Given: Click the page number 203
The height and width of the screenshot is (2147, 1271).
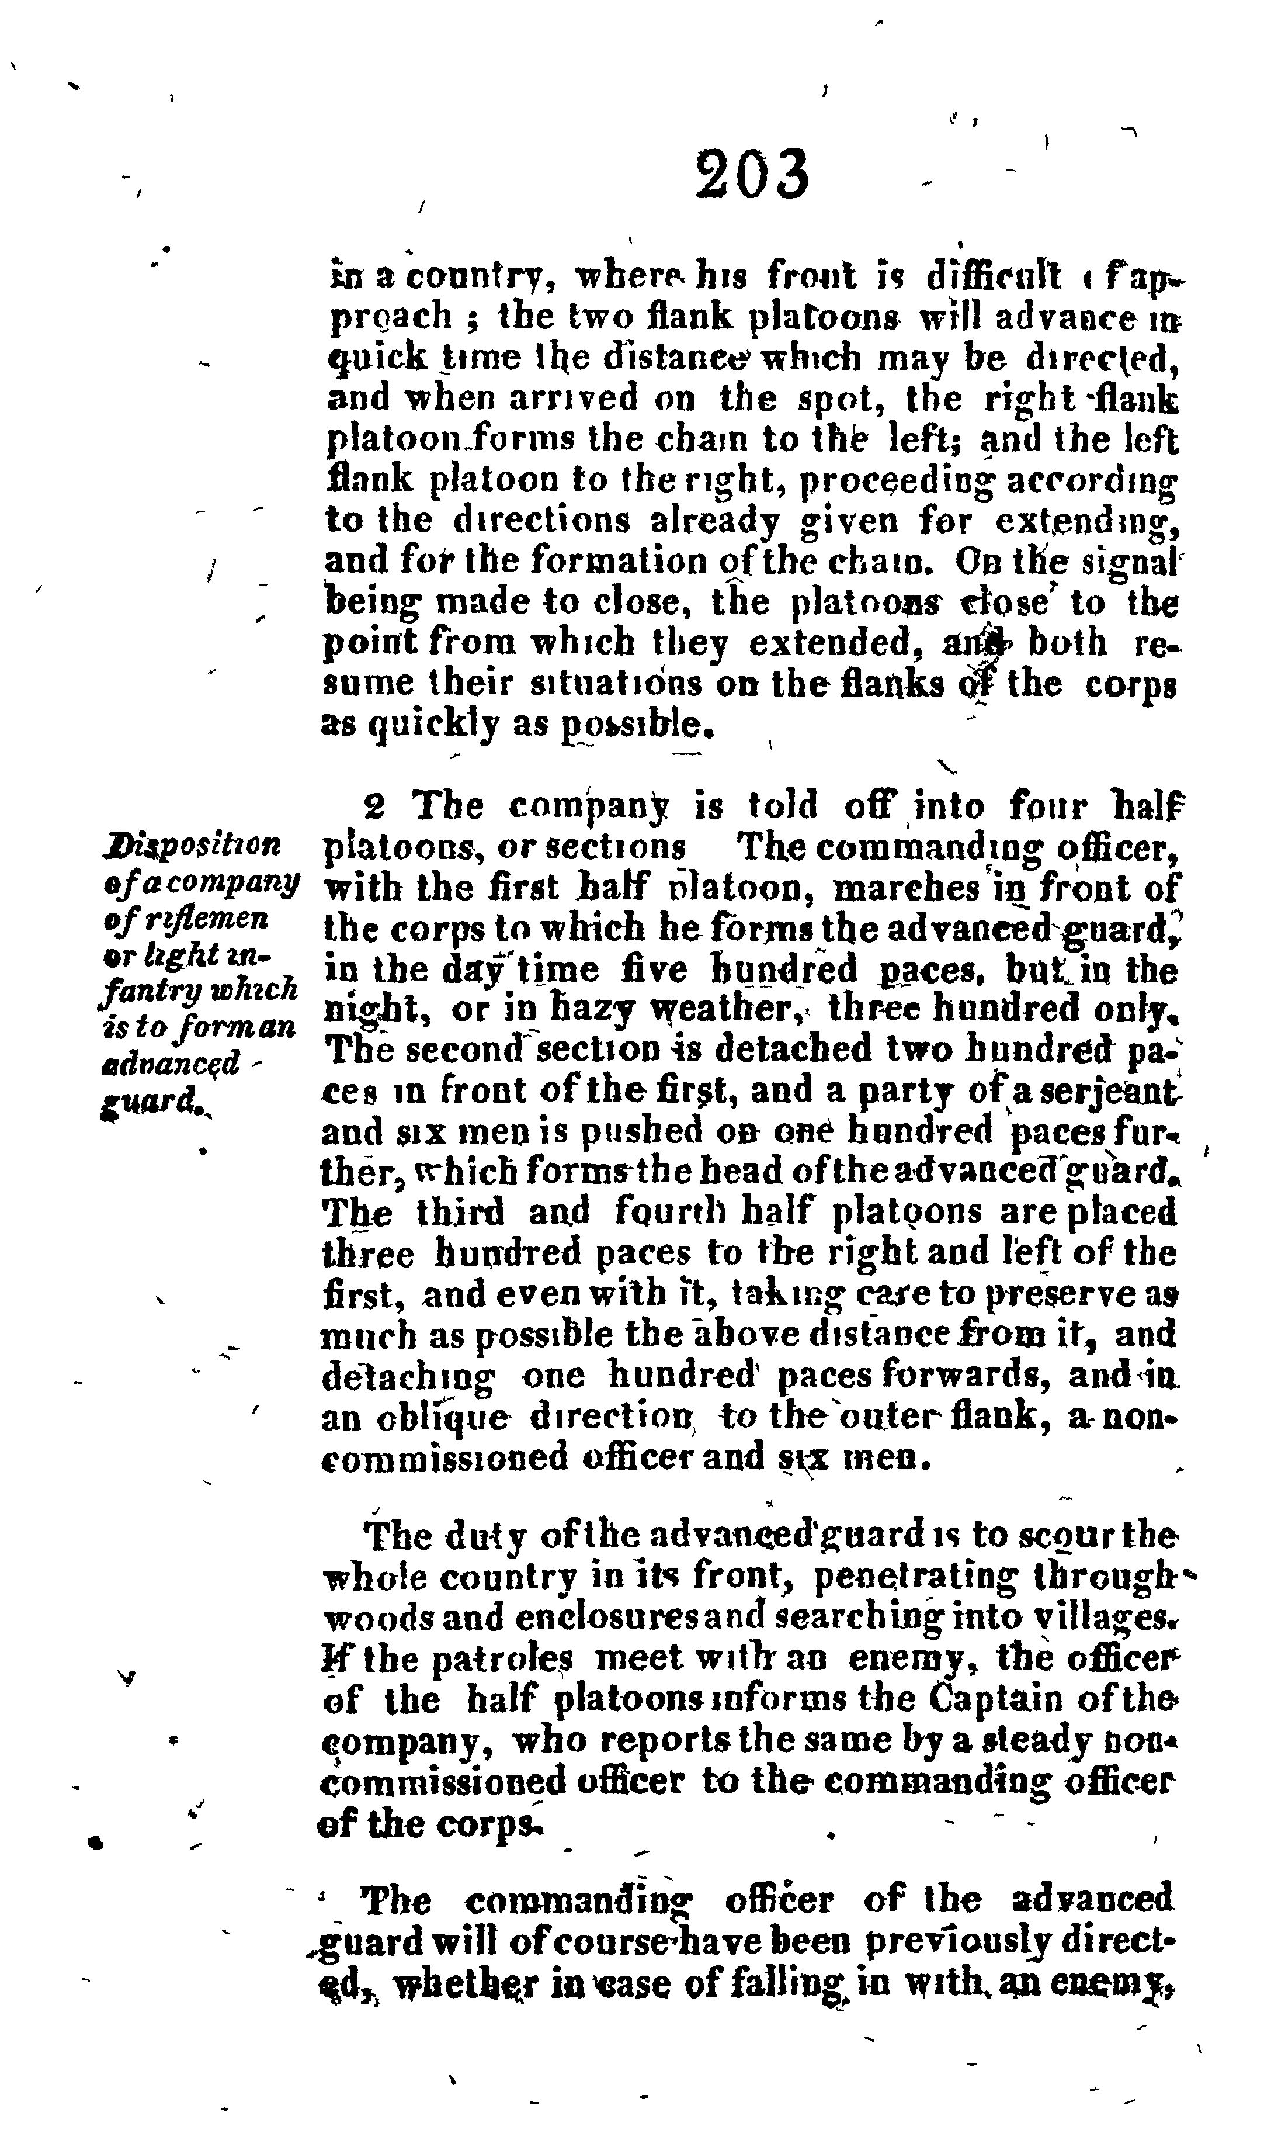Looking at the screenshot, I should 751,174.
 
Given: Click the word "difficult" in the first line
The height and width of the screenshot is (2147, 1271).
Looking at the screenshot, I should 994,277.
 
